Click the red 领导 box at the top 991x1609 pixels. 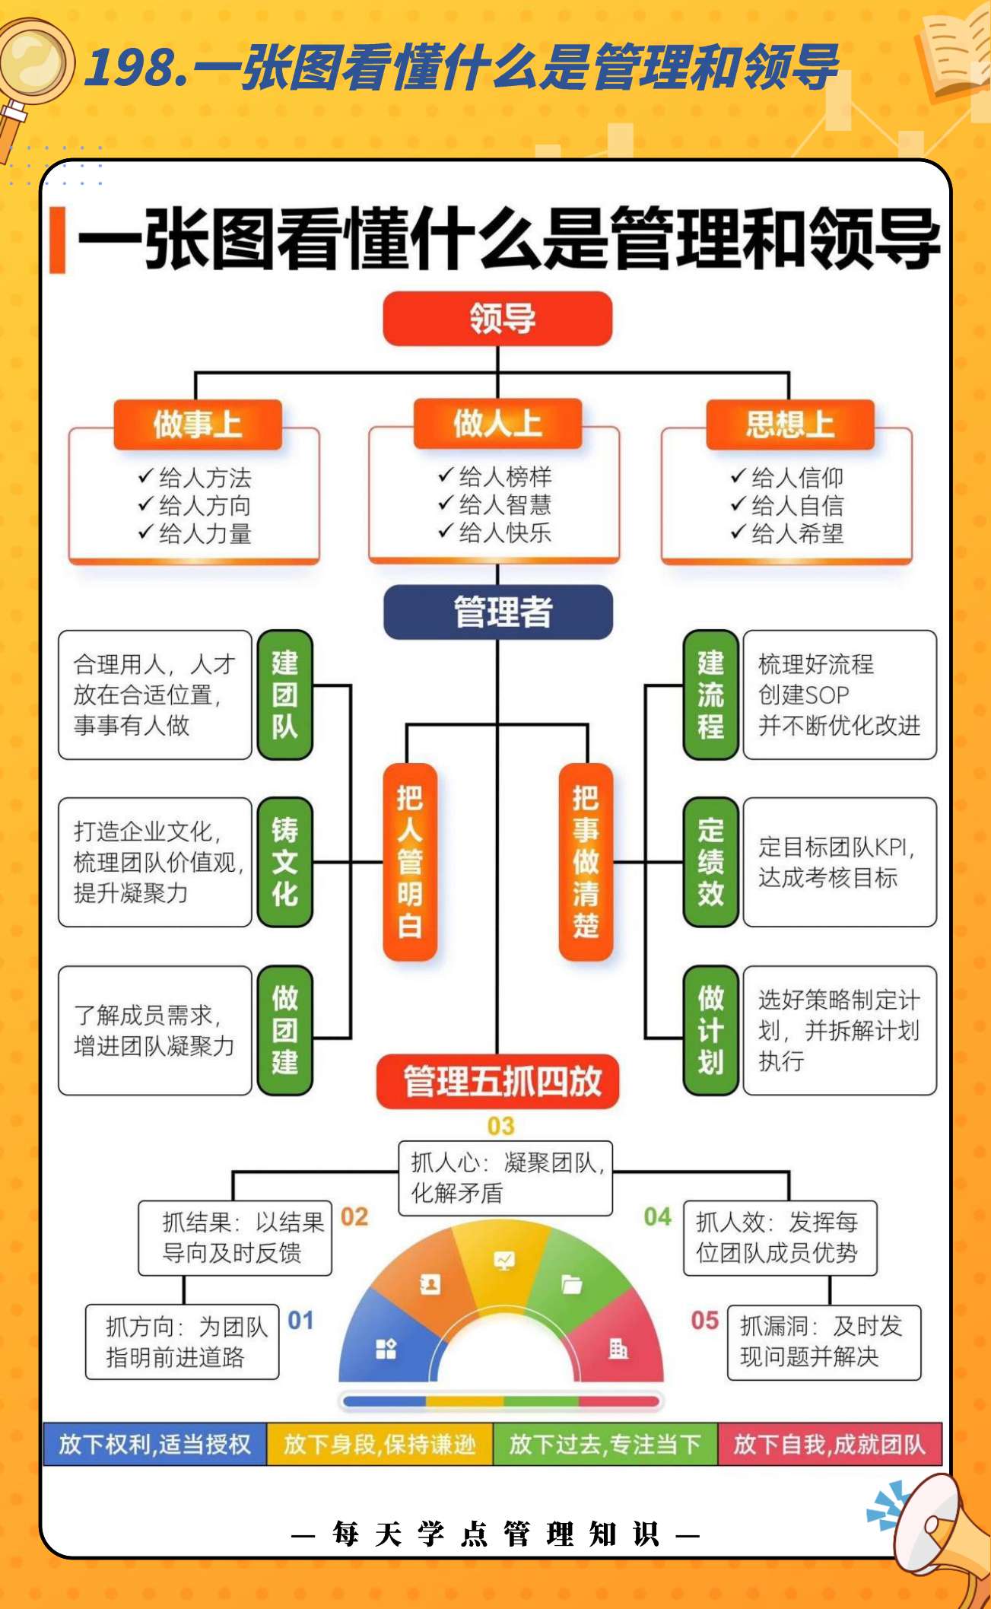pos(498,319)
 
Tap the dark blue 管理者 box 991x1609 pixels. pos(498,612)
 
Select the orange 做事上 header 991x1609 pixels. pos(198,425)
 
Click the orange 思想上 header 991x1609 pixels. pos(790,425)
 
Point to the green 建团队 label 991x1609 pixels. pos(285,695)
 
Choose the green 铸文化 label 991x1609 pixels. pos(285,862)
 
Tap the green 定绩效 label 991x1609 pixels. pos(710,862)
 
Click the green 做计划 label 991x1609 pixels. pos(710,1030)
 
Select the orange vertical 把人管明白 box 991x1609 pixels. pos(410,862)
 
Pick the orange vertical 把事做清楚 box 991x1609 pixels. pos(586,862)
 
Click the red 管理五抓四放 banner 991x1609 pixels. pos(498,1081)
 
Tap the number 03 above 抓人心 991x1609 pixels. pos(500,1126)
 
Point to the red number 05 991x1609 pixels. pos(704,1320)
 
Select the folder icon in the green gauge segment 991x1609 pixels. pos(571,1284)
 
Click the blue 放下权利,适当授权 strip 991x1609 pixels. pos(154,1444)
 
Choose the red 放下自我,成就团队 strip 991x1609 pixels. pos(829,1444)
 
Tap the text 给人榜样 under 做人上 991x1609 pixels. pos(504,477)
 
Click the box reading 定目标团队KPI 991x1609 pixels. pos(839,862)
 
